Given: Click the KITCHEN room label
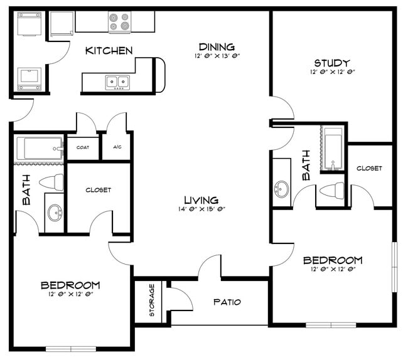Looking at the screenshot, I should coord(109,50).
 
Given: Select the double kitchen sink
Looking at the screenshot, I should coord(117,81).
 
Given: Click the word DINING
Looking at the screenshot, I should coord(217,46).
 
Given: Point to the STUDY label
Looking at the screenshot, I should coord(331,63).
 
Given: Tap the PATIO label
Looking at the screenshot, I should coord(227,302).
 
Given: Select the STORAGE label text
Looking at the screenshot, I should coord(151,301).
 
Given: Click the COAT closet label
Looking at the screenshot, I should coord(83,147).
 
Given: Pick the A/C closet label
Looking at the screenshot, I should coord(117,147).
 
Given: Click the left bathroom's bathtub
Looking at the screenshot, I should coord(38,149).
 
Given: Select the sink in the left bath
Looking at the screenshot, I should coord(55,212).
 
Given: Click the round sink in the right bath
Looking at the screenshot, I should coord(282,188).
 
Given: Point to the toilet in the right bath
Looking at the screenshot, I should coord(331,190).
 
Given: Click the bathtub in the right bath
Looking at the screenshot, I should coord(332,149).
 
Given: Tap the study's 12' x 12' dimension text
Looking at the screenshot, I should coord(331,71).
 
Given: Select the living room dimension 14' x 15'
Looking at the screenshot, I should coord(201,209).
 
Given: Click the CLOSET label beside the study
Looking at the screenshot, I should coord(369,168).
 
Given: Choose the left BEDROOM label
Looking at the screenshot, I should coord(73,285).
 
